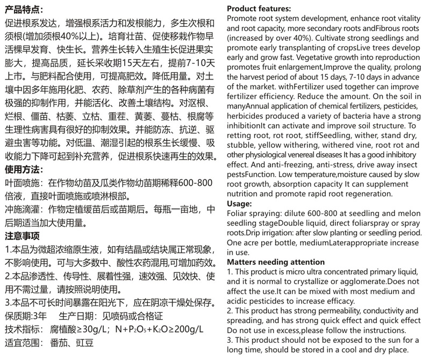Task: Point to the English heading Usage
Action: pyautogui.click(x=240, y=204)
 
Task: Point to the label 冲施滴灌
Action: pyautogui.click(x=24, y=210)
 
